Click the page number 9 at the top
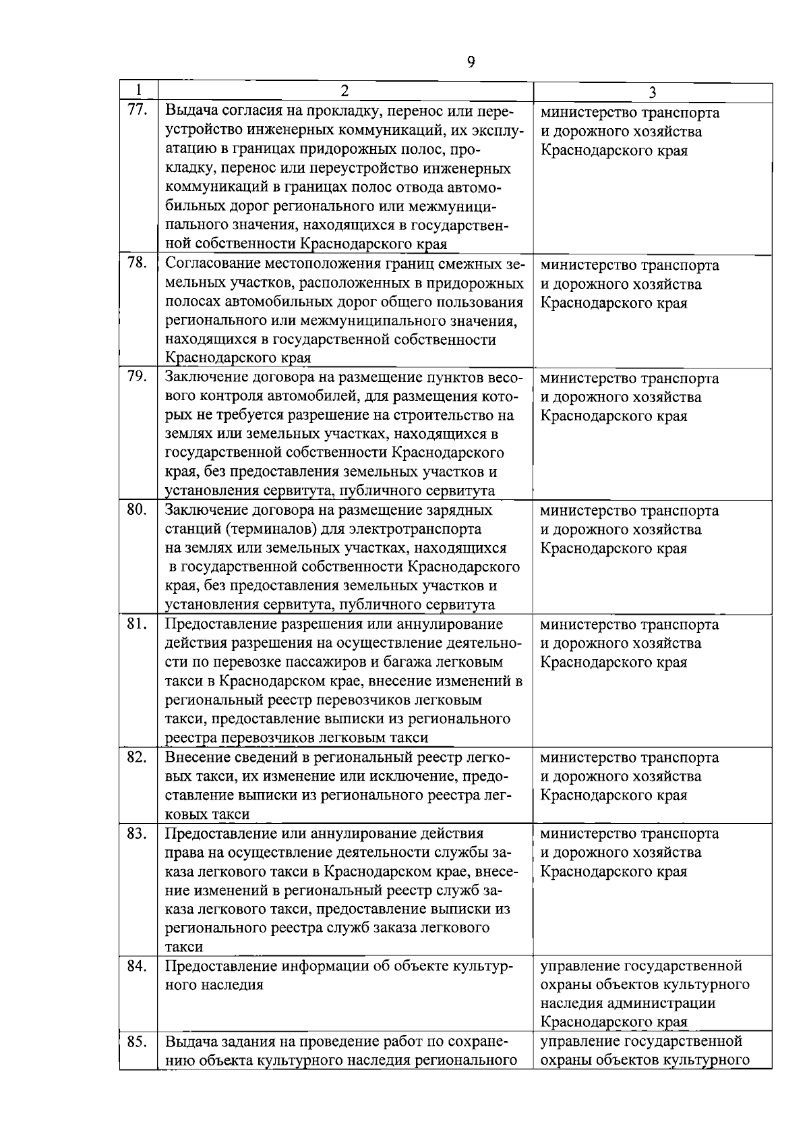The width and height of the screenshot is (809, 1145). [x=471, y=62]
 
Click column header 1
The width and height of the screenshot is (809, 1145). [x=138, y=90]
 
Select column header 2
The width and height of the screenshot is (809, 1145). [x=344, y=90]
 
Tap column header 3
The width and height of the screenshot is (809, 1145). [x=652, y=92]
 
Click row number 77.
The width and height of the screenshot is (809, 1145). [x=137, y=110]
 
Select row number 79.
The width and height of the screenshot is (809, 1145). [x=137, y=376]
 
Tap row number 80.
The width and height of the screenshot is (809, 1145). [x=137, y=509]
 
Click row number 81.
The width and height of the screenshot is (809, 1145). [x=137, y=623]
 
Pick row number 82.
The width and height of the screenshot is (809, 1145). [x=137, y=756]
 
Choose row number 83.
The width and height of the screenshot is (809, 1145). [x=137, y=833]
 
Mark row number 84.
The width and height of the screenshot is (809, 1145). [x=137, y=966]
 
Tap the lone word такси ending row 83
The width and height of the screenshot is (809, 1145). [x=183, y=947]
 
